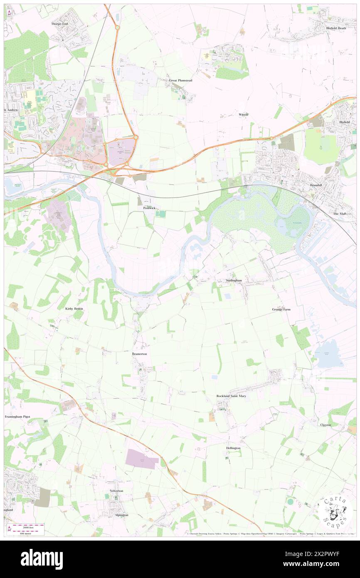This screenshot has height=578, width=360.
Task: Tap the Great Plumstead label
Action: tap(180, 80)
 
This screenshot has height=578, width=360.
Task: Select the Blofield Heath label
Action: tap(336, 28)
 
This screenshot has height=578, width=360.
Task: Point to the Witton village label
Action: tap(243, 114)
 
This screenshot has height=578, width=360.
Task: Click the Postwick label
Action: tap(149, 207)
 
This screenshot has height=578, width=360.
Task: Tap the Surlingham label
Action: tap(234, 281)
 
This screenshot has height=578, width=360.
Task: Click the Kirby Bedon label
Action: tap(74, 309)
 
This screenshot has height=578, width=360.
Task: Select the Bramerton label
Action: tap(140, 353)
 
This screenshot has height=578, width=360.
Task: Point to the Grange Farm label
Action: tap(281, 309)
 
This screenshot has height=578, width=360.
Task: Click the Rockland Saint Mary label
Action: tap(231, 396)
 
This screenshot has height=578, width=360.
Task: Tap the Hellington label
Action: tap(233, 448)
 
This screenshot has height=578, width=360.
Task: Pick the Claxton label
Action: tap(325, 425)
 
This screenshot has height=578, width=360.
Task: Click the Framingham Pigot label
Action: tap(17, 416)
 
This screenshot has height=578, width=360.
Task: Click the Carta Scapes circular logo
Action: tap(335, 511)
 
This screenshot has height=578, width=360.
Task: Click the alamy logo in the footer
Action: tap(42, 559)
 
